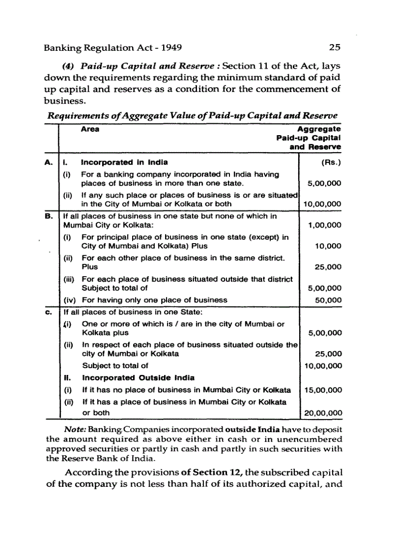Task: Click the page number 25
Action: tap(334, 47)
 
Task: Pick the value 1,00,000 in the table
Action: tap(324, 225)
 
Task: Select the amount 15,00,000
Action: tap(322, 390)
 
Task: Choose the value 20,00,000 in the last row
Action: tap(322, 413)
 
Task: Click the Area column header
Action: tap(90, 130)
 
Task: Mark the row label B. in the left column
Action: tap(49, 216)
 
